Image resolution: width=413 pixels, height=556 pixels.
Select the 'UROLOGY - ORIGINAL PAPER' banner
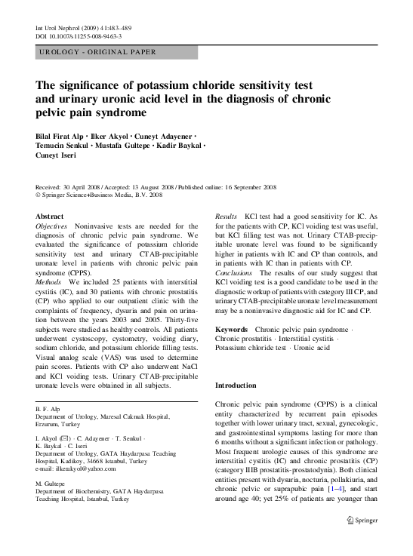(97, 52)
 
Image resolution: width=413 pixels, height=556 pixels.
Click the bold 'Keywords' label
(231, 330)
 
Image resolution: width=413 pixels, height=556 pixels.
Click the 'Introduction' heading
(236, 385)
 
